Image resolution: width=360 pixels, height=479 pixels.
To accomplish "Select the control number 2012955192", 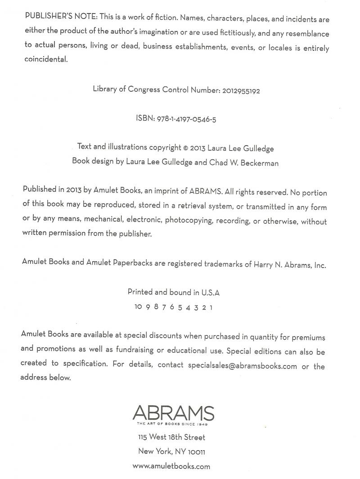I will (241, 90).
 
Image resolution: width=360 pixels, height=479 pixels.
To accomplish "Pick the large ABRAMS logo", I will (173, 413).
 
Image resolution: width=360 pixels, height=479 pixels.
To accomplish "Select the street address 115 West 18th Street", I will (171, 437).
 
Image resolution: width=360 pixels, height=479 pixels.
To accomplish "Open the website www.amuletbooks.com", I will (171, 466).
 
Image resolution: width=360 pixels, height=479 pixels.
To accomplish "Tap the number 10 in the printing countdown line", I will (138, 307).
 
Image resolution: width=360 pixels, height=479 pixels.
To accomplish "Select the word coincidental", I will (46, 59).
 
